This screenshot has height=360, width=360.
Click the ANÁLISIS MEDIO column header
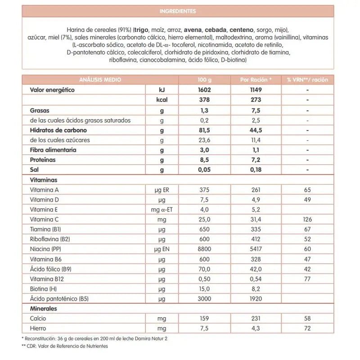(100, 80)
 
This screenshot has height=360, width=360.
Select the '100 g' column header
(204, 80)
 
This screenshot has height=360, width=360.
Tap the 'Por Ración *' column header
(256, 80)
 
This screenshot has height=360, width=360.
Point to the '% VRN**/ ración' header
(307, 80)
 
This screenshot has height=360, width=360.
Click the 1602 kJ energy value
(204, 90)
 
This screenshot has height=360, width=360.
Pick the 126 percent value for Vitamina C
(307, 220)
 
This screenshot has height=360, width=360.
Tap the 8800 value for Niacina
(204, 249)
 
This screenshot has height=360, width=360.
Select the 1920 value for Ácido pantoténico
(256, 299)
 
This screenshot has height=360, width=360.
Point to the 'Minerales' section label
(44, 309)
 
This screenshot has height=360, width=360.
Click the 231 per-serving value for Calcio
(256, 319)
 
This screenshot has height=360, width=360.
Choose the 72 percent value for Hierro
(307, 328)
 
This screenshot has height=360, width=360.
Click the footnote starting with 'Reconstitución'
(85, 338)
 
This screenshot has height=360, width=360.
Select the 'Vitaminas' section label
(43, 180)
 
